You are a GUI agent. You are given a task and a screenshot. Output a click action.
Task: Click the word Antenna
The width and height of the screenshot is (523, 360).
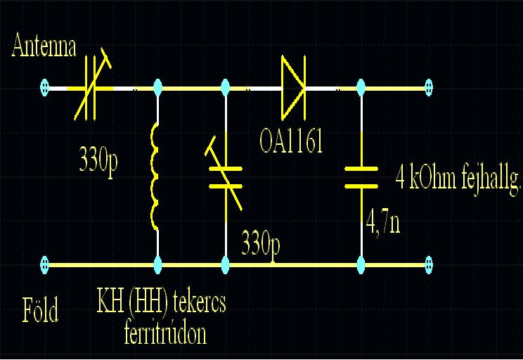44,47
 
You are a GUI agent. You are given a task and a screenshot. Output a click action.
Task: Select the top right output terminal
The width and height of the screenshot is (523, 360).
428,89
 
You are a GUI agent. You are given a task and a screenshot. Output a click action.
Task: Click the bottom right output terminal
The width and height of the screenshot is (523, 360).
428,265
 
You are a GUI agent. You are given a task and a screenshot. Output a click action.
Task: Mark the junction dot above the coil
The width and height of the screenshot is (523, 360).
156,89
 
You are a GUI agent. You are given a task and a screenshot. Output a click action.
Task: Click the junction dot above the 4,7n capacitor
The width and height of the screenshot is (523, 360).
361,89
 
